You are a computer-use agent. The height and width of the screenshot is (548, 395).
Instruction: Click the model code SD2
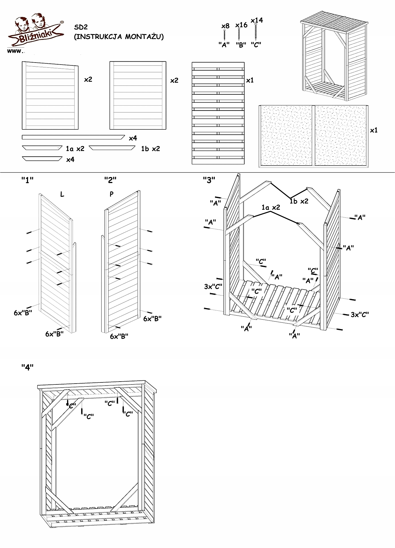(81, 27)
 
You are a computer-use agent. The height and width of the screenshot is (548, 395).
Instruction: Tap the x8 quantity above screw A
(225, 26)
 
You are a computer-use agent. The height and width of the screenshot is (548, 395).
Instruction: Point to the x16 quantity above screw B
(241, 25)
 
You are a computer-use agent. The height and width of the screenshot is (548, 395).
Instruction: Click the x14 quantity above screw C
(257, 20)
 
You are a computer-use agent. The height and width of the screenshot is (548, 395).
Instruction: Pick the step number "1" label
(28, 180)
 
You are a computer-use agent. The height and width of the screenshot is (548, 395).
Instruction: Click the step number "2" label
(110, 180)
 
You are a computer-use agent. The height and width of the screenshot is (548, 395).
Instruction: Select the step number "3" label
(209, 180)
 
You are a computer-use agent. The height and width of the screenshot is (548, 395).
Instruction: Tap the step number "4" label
(28, 367)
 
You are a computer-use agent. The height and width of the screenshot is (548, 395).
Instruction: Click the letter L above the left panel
(62, 195)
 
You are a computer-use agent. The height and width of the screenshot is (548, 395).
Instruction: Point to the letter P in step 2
(112, 194)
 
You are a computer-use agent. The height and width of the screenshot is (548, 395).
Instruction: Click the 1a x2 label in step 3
(271, 207)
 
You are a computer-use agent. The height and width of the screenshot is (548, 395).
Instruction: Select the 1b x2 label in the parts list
(150, 149)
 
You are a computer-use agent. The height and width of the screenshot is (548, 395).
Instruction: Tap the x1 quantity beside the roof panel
(374, 130)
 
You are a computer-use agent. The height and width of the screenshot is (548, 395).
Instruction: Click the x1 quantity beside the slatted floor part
(250, 80)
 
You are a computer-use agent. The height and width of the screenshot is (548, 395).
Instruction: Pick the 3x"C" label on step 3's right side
(360, 315)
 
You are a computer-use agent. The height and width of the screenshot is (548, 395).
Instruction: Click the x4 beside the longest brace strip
(133, 138)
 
